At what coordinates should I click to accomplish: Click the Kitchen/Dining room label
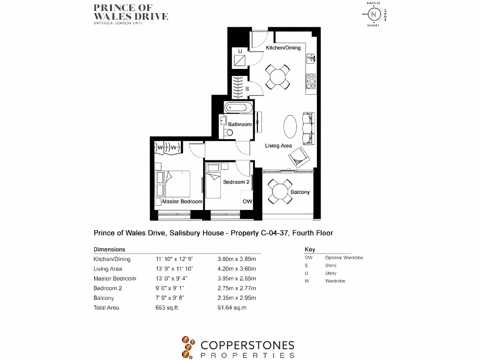pyautogui.click(x=283, y=48)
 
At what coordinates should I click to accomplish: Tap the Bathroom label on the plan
pyautogui.click(x=240, y=124)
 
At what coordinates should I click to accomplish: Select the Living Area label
pyautogui.click(x=278, y=146)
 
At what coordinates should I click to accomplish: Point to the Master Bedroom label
pyautogui.click(x=182, y=202)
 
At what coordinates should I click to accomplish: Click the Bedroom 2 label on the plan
pyautogui.click(x=236, y=182)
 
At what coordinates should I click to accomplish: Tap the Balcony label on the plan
pyautogui.click(x=300, y=192)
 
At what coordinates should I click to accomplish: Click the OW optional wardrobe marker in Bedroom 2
pyautogui.click(x=247, y=202)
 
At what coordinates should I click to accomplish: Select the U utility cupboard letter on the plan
pyautogui.click(x=240, y=51)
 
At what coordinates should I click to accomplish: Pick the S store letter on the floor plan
pyautogui.click(x=247, y=88)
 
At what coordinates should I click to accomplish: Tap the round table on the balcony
pyautogui.click(x=280, y=192)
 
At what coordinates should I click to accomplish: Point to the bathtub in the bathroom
pyautogui.click(x=239, y=108)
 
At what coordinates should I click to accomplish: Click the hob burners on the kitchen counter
pyautogui.click(x=311, y=82)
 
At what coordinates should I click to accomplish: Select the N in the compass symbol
pyautogui.click(x=374, y=14)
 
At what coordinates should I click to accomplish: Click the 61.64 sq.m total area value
pyautogui.click(x=232, y=307)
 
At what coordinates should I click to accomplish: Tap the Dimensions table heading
pyautogui.click(x=109, y=249)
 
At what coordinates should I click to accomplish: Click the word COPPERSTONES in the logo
pyautogui.click(x=247, y=346)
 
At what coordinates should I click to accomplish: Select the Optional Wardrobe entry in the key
pyautogui.click(x=344, y=258)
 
